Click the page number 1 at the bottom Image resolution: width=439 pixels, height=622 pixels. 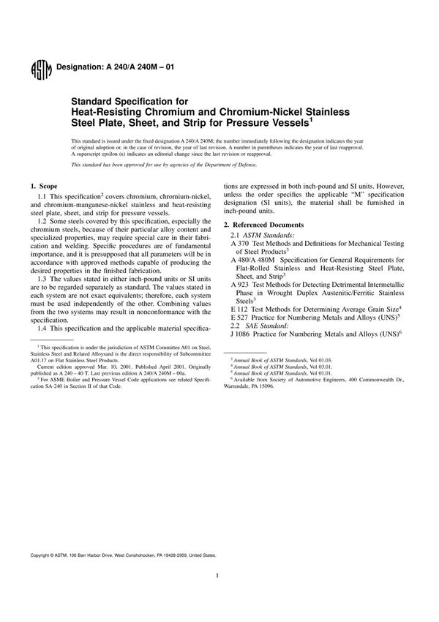pos(219,596)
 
